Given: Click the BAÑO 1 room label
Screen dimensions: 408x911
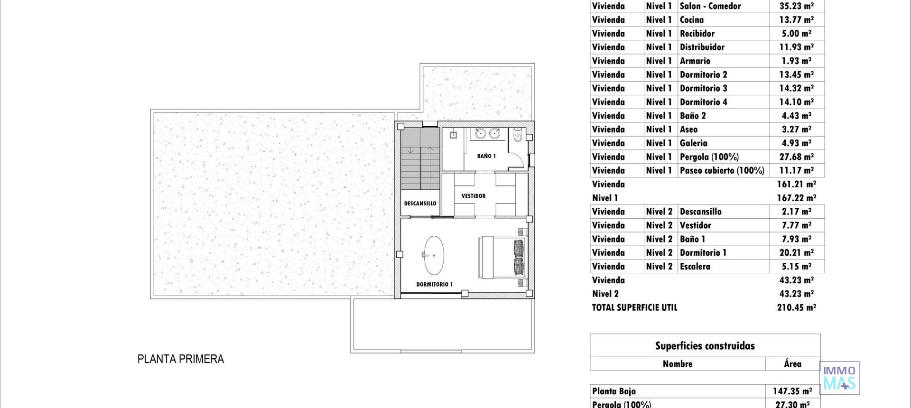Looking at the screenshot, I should pos(486,156).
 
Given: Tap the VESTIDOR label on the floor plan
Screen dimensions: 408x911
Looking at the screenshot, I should pos(473,196).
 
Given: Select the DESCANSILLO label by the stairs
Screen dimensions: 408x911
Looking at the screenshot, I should pos(420,204).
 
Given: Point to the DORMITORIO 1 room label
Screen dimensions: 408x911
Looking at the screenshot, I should pos(434,285).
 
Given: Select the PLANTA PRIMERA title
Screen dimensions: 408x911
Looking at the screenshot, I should pos(180,359).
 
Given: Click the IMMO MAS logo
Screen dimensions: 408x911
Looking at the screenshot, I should pos(839,378).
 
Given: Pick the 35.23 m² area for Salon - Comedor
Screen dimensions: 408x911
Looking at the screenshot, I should pos(796,6).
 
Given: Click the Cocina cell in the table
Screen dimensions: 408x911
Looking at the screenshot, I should pos(691,20).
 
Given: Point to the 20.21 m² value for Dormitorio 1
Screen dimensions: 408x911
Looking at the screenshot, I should pos(796,253).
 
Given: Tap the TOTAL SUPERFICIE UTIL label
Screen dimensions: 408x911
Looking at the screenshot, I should pos(634,308).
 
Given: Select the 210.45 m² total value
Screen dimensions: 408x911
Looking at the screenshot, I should pos(796,308).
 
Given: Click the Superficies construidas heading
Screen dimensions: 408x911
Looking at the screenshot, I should pos(705,346).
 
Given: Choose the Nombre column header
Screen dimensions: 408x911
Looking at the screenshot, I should pos(677,364).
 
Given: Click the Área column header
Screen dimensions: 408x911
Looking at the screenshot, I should pos(792,364).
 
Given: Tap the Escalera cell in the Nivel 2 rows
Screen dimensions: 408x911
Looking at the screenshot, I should pos(695,267).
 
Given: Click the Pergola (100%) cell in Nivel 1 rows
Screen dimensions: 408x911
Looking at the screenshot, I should pos(709,157).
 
